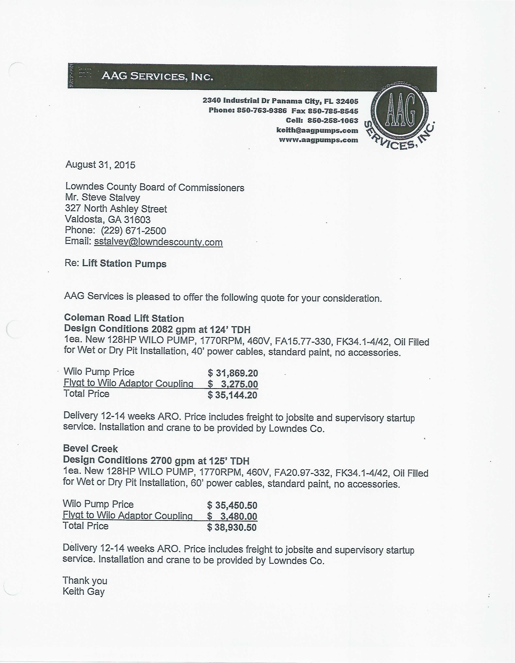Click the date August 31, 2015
pyautogui.click(x=100, y=165)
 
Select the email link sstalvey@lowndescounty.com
pyautogui.click(x=158, y=242)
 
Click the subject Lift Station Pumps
pyautogui.click(x=124, y=264)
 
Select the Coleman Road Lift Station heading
pyautogui.click(x=124, y=318)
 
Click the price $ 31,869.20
pyautogui.click(x=233, y=373)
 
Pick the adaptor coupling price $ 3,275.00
pyautogui.click(x=233, y=384)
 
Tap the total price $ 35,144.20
pyautogui.click(x=233, y=395)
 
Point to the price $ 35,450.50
pyautogui.click(x=232, y=505)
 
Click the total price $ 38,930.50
pyautogui.click(x=232, y=527)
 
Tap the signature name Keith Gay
pyautogui.click(x=84, y=591)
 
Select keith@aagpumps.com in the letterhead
pyautogui.click(x=317, y=131)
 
